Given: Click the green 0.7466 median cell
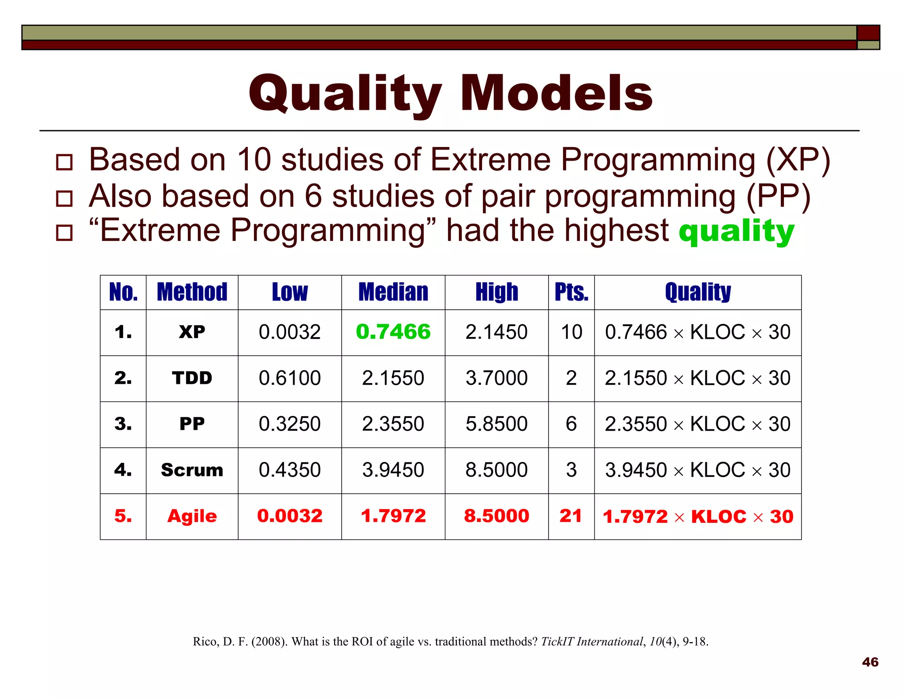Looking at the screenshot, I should tap(393, 332).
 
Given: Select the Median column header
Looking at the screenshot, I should tap(393, 292).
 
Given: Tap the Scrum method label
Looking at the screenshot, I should tap(192, 470).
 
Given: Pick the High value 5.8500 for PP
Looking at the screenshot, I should tap(496, 424).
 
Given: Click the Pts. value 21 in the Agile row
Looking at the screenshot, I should tap(571, 516).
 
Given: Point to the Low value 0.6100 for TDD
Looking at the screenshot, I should tap(290, 378).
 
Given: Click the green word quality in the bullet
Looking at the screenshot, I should tap(736, 232).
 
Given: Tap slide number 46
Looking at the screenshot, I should tap(870, 662).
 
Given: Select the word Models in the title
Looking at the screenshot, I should tap(556, 94).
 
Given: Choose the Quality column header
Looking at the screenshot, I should tap(698, 292).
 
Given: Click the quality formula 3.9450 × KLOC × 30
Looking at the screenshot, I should tap(698, 470).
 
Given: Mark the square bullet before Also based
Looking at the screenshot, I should tap(64, 199).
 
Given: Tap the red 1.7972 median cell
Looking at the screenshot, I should tap(393, 516).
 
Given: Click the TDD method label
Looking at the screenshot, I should tap(192, 378).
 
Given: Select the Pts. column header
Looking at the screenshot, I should tap(571, 292).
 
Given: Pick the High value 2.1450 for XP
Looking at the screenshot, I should tap(496, 332).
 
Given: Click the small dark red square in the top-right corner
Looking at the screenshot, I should tap(868, 33).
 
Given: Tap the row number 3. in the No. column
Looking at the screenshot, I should tap(123, 424).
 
